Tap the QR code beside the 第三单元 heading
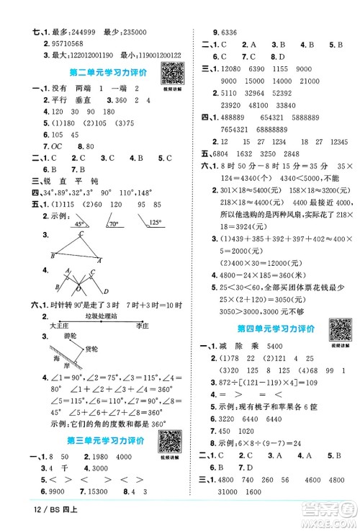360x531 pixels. (x=168, y=440)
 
